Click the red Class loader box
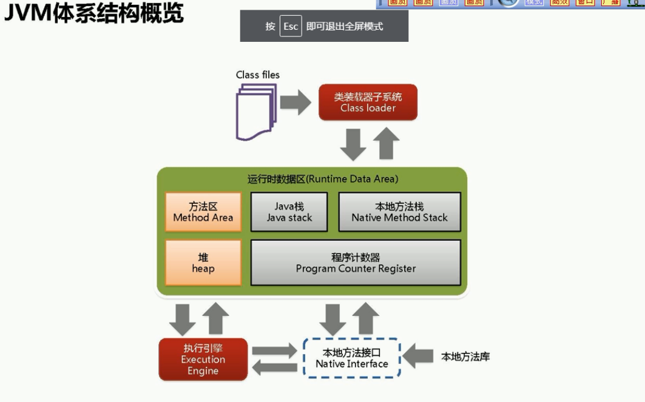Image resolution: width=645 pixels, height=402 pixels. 368,102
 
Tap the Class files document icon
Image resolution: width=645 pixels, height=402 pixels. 256,112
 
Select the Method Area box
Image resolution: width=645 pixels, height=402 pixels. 203,212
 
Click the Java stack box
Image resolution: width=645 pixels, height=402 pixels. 289,212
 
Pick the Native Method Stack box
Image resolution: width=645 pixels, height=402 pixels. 399,212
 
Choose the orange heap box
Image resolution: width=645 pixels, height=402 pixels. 203,263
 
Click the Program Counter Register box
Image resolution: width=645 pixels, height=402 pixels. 356,263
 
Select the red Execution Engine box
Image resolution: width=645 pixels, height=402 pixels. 203,359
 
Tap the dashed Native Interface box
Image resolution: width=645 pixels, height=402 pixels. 352,358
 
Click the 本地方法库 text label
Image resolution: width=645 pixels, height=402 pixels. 465,357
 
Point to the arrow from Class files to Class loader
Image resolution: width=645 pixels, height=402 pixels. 295,102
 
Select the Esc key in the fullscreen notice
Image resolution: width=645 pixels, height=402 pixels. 291,27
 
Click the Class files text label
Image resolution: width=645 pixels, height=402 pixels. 258,75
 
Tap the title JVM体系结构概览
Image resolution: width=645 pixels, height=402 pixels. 94,13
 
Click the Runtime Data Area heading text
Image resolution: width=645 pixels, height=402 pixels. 323,179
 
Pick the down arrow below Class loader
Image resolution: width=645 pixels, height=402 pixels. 353,144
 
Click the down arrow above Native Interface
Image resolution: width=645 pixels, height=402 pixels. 332,318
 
